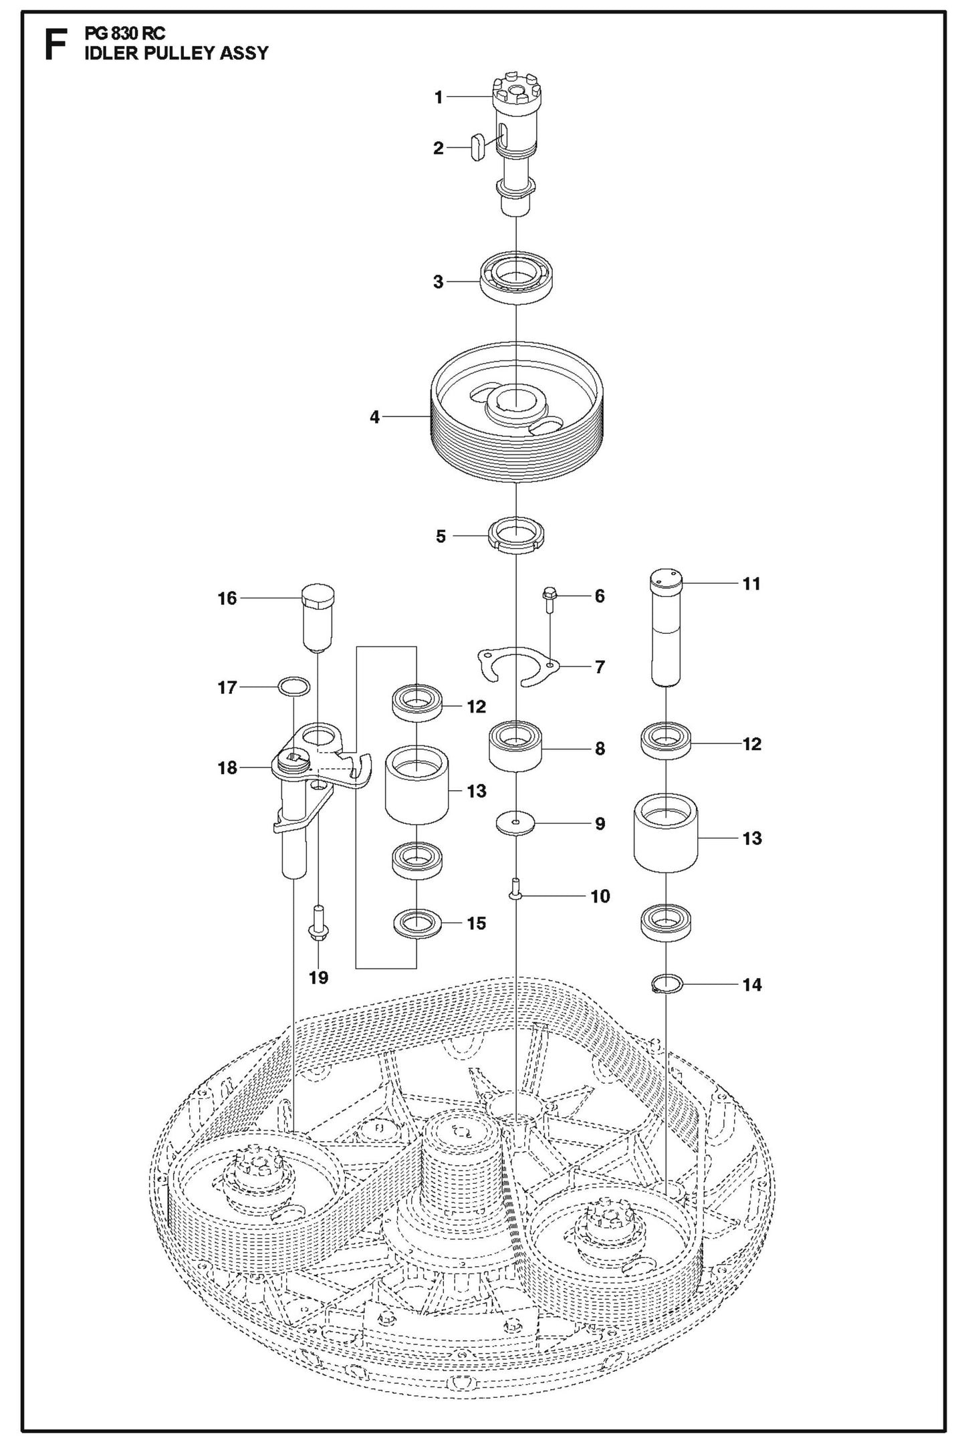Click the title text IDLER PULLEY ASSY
[176, 53]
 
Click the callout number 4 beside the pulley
[374, 417]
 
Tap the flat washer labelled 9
[515, 823]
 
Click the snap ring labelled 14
[667, 983]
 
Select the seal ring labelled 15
[417, 923]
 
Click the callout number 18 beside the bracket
[227, 768]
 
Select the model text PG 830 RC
[125, 33]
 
